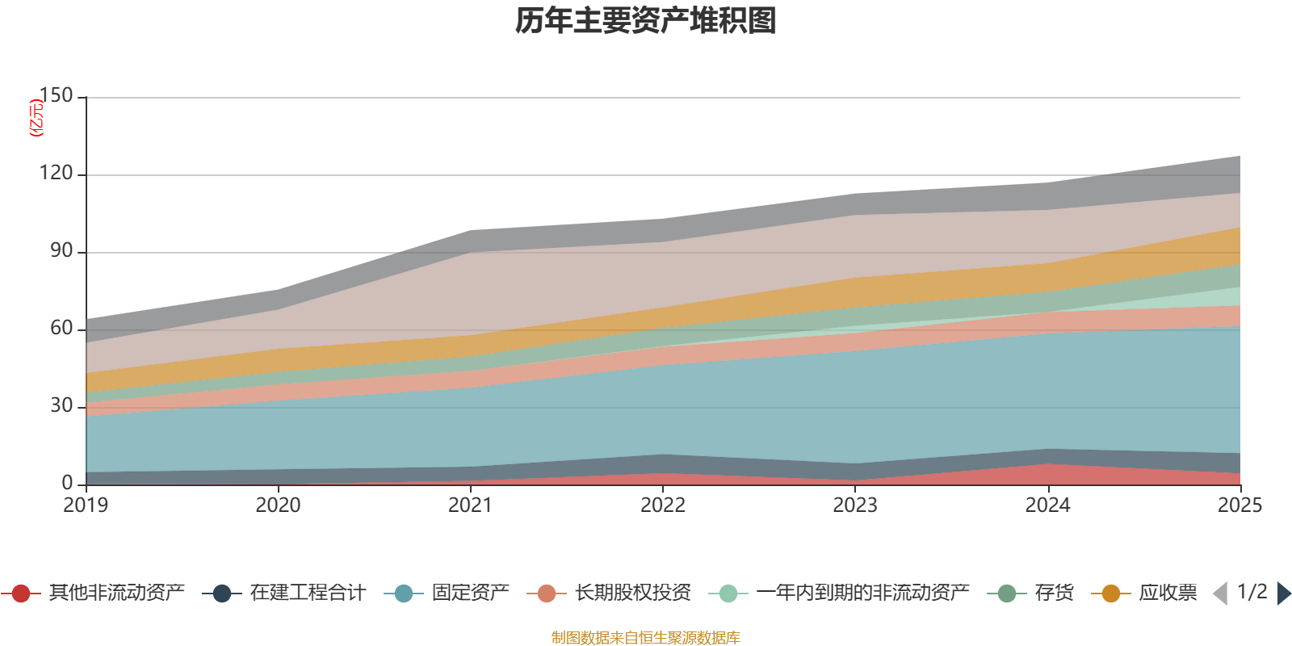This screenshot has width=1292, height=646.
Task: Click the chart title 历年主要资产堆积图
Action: (x=646, y=21)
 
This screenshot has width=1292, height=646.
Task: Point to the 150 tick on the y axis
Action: (x=56, y=95)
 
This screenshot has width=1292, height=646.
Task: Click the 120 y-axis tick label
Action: (x=56, y=173)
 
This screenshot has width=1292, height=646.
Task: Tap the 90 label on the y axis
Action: (x=61, y=250)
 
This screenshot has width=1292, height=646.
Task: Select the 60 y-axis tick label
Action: (x=61, y=328)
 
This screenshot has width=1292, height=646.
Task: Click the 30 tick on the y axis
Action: (x=61, y=405)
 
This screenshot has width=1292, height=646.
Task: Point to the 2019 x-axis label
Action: (x=86, y=505)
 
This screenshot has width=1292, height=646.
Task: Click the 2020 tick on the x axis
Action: (x=278, y=505)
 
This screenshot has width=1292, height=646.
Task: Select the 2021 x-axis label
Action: (x=470, y=505)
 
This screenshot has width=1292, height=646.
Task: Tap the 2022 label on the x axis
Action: (x=663, y=505)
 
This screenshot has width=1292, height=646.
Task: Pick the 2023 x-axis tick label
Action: (x=855, y=505)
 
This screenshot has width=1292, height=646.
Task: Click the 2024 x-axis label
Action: (x=1047, y=505)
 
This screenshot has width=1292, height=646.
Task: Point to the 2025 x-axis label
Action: (x=1240, y=505)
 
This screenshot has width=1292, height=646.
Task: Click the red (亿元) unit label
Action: (x=36, y=118)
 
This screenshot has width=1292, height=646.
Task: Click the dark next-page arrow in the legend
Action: (x=1284, y=594)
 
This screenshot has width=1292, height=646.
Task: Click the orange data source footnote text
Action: (x=646, y=638)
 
